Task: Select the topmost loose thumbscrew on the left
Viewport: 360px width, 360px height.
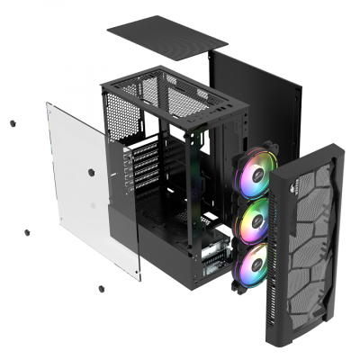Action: tap(12, 123)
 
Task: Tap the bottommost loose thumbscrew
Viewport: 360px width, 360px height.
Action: tap(100, 290)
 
